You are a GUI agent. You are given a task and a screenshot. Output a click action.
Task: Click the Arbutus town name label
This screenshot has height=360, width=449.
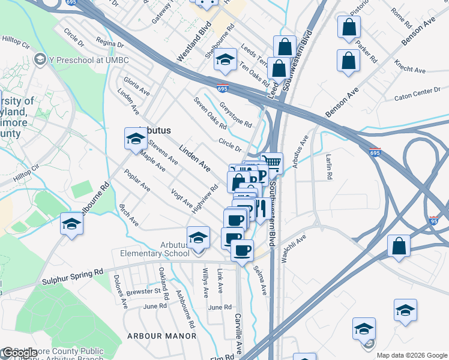(155, 130)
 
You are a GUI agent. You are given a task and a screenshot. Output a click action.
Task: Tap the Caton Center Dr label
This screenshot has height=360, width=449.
(417, 93)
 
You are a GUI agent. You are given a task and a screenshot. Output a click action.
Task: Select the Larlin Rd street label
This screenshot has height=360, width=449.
(329, 167)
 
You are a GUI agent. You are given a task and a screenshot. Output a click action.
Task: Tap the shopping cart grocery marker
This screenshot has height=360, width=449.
(272, 163)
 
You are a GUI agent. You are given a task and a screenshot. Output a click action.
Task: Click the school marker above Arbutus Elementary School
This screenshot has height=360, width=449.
(197, 238)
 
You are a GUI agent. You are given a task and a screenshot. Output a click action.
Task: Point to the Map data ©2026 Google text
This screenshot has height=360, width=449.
(412, 355)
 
